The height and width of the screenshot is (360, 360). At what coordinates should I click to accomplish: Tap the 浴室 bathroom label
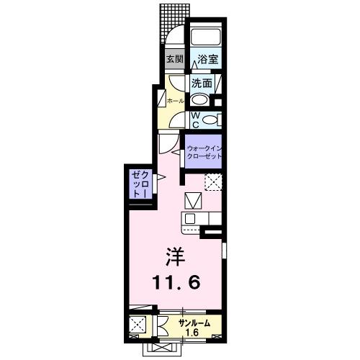208,60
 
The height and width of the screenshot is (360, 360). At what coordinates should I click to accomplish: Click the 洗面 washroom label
202,84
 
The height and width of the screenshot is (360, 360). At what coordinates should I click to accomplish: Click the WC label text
194,120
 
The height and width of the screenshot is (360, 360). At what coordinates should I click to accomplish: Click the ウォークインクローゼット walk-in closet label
206,152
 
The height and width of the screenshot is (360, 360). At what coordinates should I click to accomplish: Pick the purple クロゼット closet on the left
140,184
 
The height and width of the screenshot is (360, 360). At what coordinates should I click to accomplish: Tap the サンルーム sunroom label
194,323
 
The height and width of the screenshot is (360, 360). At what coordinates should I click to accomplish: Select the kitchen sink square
190,218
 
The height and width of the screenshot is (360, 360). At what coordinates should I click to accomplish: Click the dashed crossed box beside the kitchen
213,181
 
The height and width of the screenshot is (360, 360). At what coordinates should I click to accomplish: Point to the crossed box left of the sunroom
138,325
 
